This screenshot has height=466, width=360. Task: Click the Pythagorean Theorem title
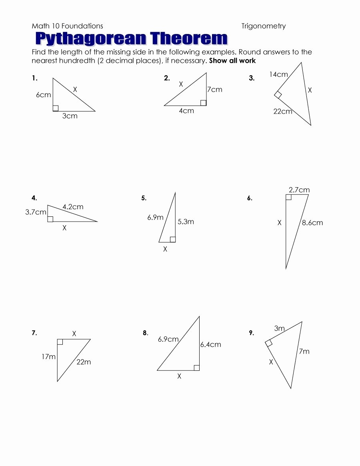coord(131,39)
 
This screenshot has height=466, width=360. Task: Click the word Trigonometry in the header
coord(263,26)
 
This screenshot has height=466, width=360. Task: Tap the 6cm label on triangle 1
coord(43,95)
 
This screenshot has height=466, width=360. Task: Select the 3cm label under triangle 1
coord(70,116)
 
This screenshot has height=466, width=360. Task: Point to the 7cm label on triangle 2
coord(214,90)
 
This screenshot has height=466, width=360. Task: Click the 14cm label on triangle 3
coord(278,74)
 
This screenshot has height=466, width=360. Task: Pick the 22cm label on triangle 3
coord(283,112)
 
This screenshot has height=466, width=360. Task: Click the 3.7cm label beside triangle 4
coord(36,212)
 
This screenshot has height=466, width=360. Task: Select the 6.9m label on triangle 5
coord(155,218)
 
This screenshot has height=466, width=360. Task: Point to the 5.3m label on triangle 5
coord(186,222)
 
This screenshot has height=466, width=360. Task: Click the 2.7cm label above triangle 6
coord(299,190)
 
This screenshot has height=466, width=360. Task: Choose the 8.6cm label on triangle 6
coord(312,223)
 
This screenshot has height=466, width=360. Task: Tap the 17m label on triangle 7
coord(48,356)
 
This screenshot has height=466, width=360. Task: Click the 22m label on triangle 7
coord(84,362)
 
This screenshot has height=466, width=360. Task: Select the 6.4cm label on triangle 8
coord(210,344)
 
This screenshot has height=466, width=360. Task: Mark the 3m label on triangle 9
coord(279,328)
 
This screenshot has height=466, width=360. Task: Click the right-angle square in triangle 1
coord(56,108)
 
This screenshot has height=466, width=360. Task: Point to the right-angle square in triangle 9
coord(269,342)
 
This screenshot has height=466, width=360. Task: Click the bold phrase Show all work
coord(232,61)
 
